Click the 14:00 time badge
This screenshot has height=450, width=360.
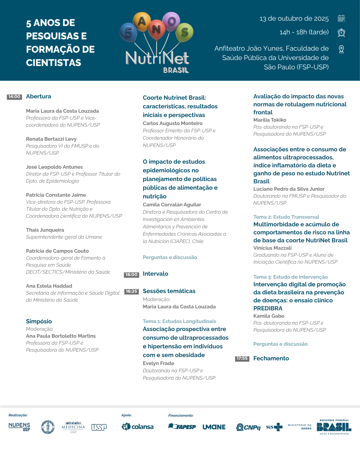point(14,97)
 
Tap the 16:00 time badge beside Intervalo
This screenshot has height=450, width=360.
point(131,275)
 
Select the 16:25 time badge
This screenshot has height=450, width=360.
point(131,291)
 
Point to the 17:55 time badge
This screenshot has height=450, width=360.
point(242,359)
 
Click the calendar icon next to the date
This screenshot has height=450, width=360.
point(341,18)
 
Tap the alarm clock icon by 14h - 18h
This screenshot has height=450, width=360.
point(341,32)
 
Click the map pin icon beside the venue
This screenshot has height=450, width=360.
point(341,49)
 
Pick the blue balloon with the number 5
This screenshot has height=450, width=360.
point(128,32)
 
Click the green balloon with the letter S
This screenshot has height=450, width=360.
point(184,32)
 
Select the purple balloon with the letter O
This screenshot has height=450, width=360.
point(171,21)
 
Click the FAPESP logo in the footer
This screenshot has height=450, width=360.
point(182,427)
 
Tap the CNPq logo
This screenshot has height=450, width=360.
point(248,427)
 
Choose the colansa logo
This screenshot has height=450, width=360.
point(138,427)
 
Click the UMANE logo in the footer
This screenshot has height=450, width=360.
point(214,427)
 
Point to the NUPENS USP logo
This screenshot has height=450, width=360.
point(19,427)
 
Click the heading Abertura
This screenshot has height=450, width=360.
point(39,96)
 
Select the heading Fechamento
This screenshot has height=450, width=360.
point(271,358)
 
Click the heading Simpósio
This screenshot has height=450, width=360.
point(39,321)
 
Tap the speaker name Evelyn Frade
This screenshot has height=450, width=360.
point(158,363)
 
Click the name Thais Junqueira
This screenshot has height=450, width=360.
point(45,230)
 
